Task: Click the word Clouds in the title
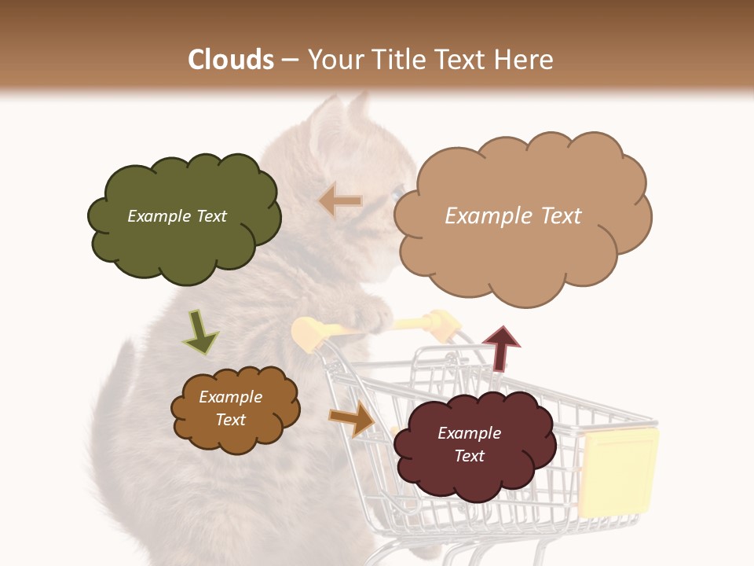point(231,60)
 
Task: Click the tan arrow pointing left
point(340,202)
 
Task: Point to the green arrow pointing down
point(199,333)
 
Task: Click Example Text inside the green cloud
point(177,216)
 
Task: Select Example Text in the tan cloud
point(513,216)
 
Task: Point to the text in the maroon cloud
point(469,444)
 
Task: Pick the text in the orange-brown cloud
point(230,408)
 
